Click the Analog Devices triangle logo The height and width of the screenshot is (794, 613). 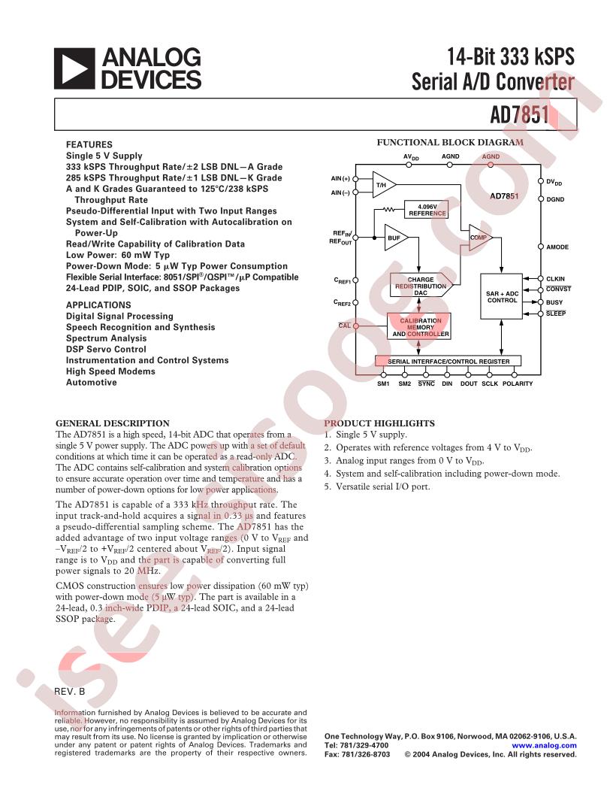74,68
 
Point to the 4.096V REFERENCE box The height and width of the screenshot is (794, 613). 427,209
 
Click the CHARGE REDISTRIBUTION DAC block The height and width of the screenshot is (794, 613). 420,286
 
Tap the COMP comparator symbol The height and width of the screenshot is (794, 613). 478,238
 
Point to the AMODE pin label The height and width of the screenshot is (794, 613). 557,247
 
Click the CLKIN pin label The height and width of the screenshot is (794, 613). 555,279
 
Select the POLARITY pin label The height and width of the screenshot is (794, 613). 518,383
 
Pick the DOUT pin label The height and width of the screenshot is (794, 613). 469,383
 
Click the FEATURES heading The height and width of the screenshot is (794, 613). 89,144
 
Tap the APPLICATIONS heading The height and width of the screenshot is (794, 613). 98,305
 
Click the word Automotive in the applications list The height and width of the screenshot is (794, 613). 92,383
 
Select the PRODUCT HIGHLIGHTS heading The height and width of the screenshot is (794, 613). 379,423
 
